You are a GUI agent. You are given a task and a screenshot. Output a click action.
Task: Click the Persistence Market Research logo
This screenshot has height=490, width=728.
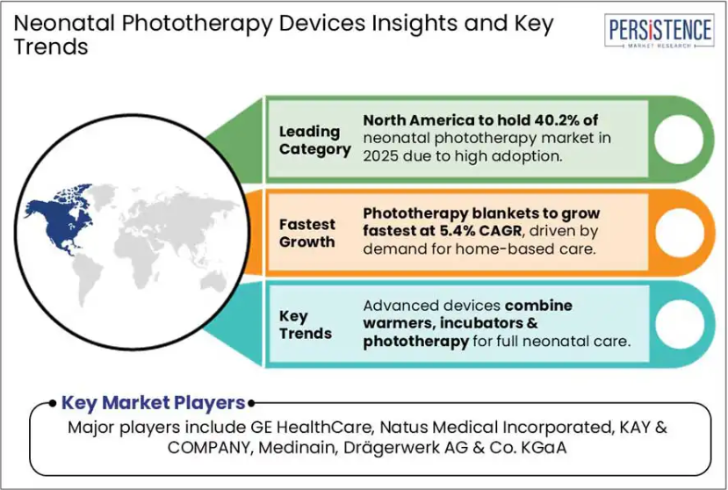coord(659,31)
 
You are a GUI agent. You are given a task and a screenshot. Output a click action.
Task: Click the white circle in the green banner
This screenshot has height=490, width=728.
coord(679,140)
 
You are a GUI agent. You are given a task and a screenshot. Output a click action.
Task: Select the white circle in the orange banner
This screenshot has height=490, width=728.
coord(679,232)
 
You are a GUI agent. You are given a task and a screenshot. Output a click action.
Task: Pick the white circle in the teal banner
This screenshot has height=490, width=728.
coord(679,324)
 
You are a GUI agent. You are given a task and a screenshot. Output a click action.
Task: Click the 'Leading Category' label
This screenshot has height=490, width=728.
coord(314,141)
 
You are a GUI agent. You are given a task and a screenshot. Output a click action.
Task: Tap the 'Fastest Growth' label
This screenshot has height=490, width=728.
coord(306,234)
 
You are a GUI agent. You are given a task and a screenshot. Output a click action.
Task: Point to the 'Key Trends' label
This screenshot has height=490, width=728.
coord(306,325)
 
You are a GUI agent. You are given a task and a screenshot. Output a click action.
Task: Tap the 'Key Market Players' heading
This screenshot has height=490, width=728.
coord(153,403)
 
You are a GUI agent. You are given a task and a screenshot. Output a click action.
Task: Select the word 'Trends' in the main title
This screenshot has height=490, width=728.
coord(51,47)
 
